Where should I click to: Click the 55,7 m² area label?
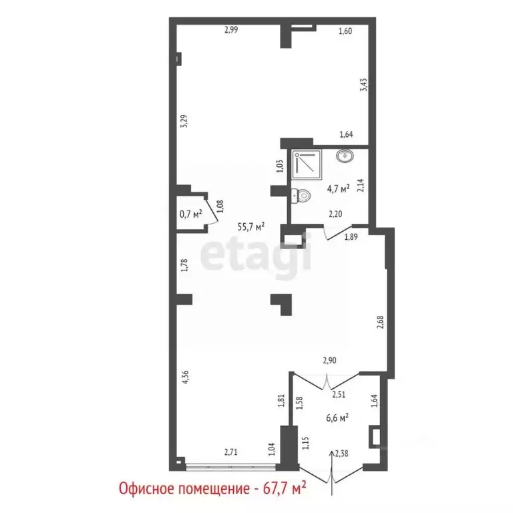pos(251,226)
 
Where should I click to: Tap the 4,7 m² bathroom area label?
pos(339,189)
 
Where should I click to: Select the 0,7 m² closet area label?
pos(190,214)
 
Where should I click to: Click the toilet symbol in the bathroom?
pos(302,196)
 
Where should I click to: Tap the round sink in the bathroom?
pos(345,157)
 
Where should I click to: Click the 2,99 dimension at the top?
pos(231,29)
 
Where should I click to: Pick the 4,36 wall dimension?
pos(184,379)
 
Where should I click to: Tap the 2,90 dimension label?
pos(329,361)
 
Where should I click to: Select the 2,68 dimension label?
pos(380,322)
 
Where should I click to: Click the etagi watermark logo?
pos(256,255)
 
